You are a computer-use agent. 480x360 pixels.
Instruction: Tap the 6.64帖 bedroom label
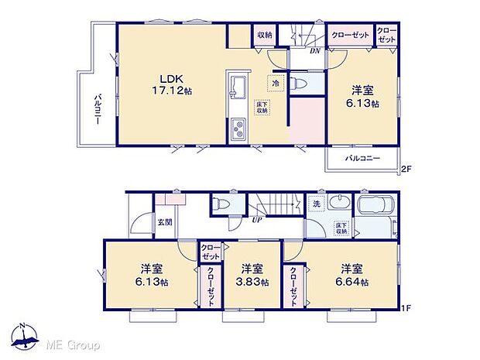point(353,276)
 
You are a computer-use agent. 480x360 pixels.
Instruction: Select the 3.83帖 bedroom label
point(251,276)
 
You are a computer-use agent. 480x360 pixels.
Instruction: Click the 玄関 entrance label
point(165,223)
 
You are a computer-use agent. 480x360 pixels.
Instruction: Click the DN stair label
point(314,52)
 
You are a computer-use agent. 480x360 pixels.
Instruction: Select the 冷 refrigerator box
point(275,81)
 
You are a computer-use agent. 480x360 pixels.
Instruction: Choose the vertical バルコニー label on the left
point(98,110)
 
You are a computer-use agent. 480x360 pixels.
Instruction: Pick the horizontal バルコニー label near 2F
point(363,158)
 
